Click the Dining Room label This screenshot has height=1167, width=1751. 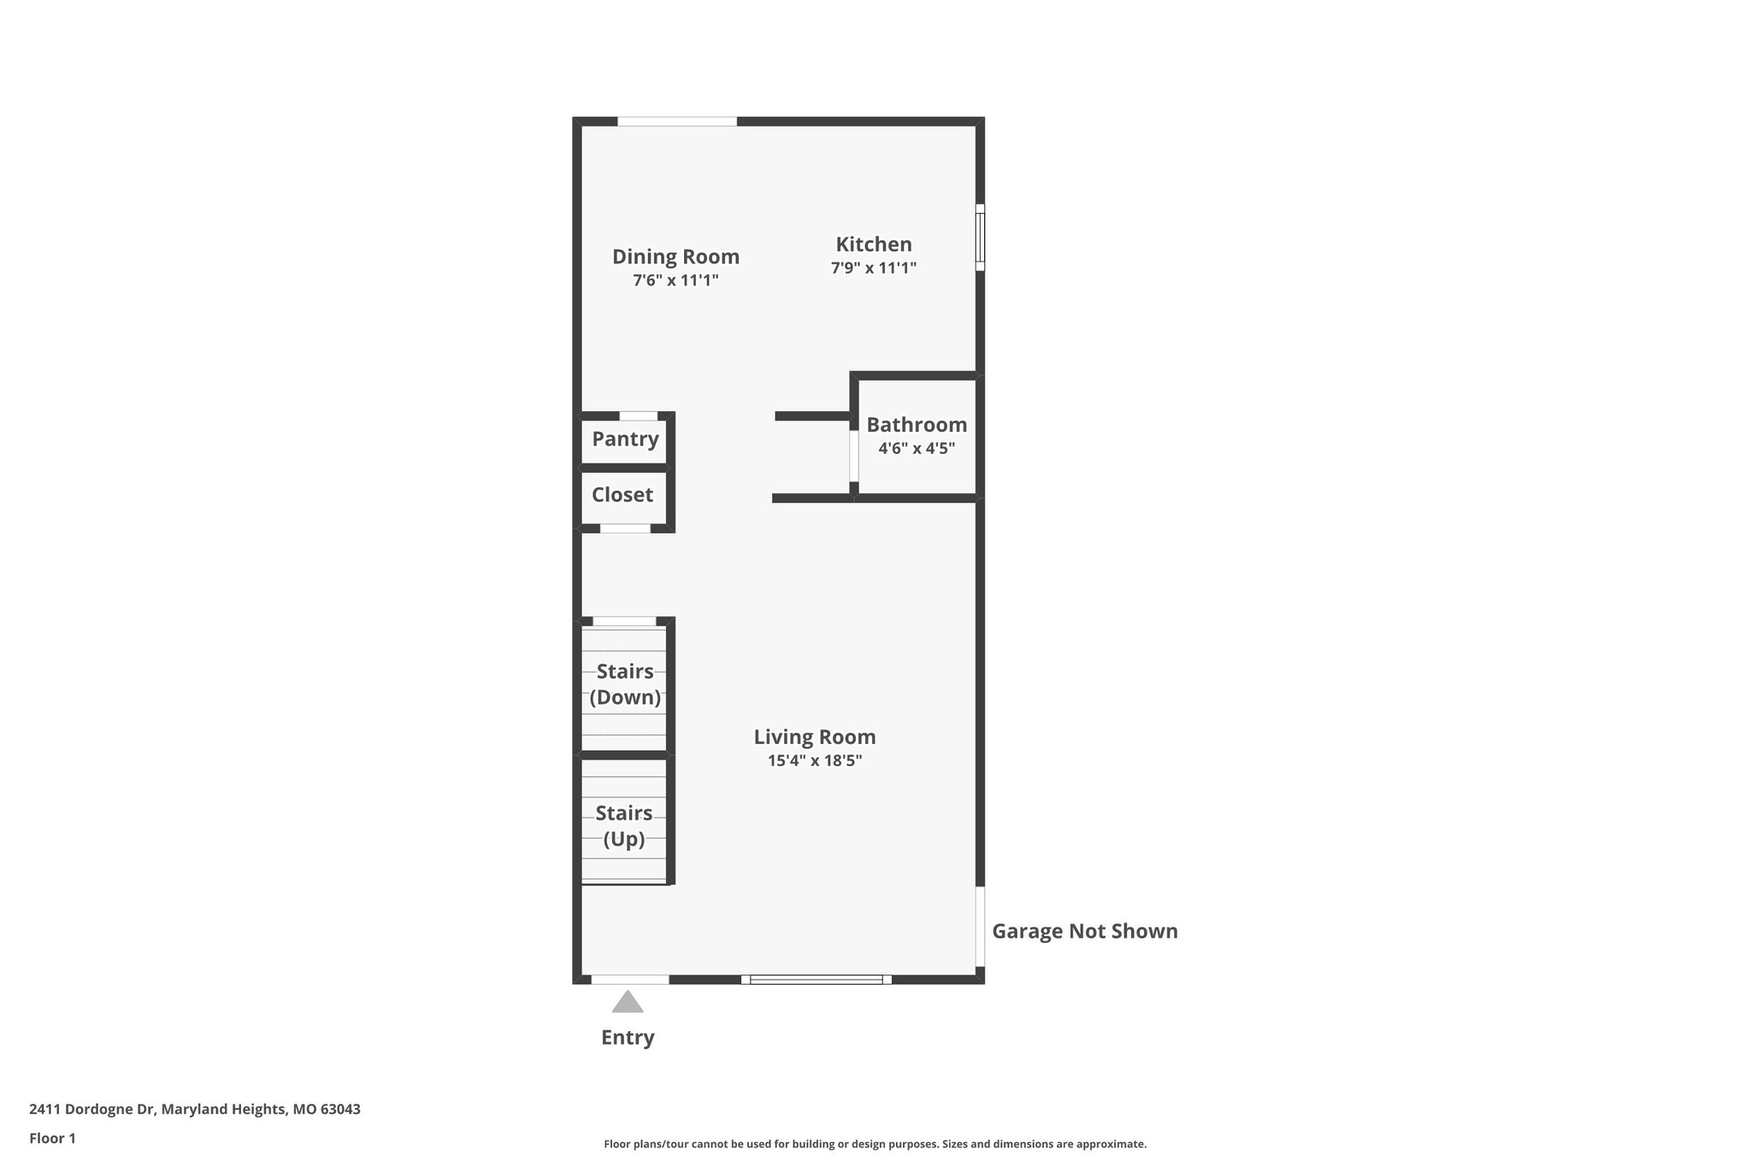pyautogui.click(x=675, y=256)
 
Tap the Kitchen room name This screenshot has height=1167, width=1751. pyautogui.click(x=874, y=245)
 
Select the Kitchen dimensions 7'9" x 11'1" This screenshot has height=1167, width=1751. pyautogui.click(x=874, y=268)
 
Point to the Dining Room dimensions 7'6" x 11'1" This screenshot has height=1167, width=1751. pyautogui.click(x=675, y=280)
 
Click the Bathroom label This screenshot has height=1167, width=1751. pyautogui.click(x=917, y=425)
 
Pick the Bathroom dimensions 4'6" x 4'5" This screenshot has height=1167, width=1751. pyautogui.click(x=917, y=448)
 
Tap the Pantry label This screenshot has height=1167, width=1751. pyautogui.click(x=625, y=439)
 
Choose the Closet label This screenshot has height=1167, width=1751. pyautogui.click(x=622, y=495)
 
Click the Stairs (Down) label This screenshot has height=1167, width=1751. pyautogui.click(x=625, y=684)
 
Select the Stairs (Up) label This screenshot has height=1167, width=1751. pyautogui.click(x=624, y=826)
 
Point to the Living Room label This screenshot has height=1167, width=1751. pyautogui.click(x=815, y=737)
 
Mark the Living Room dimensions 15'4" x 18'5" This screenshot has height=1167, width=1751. pyautogui.click(x=815, y=760)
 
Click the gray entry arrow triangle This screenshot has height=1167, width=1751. pyautogui.click(x=628, y=1002)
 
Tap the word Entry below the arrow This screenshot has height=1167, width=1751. pyautogui.click(x=628, y=1037)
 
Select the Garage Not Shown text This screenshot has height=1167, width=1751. pyautogui.click(x=1084, y=931)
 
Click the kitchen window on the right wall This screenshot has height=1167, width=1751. pyautogui.click(x=981, y=237)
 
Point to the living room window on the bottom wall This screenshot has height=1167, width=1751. pyautogui.click(x=817, y=979)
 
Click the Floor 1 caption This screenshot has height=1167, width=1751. pyautogui.click(x=52, y=1138)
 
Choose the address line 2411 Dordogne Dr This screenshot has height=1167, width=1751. pyautogui.click(x=195, y=1109)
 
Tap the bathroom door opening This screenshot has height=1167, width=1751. pyautogui.click(x=853, y=456)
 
